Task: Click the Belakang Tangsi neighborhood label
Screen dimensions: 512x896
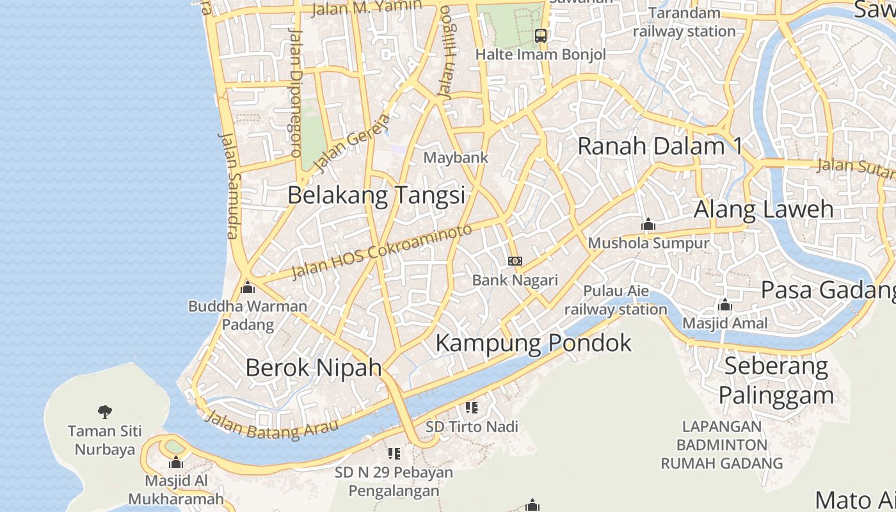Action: pyautogui.click(x=376, y=195)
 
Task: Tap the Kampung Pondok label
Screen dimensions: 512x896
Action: pyautogui.click(x=533, y=343)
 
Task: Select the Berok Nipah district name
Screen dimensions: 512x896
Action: pyautogui.click(x=314, y=367)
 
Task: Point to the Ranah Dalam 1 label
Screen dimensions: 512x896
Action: pyautogui.click(x=660, y=146)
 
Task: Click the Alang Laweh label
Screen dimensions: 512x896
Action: pyautogui.click(x=764, y=209)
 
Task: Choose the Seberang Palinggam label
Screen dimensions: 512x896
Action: pyautogui.click(x=776, y=381)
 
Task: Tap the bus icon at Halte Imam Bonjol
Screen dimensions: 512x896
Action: pyautogui.click(x=541, y=36)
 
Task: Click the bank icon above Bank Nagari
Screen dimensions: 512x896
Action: pyautogui.click(x=515, y=261)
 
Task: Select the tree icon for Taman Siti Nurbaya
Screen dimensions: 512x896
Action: pyautogui.click(x=105, y=412)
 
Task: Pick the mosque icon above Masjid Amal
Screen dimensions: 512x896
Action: pyautogui.click(x=725, y=305)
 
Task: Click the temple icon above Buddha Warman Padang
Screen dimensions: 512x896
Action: pyautogui.click(x=248, y=287)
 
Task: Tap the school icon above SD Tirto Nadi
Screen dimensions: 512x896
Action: pyautogui.click(x=472, y=408)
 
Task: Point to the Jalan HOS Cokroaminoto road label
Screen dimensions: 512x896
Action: pyautogui.click(x=382, y=251)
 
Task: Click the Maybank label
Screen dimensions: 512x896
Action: pyautogui.click(x=456, y=157)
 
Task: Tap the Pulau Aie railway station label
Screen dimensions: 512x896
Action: pyautogui.click(x=616, y=300)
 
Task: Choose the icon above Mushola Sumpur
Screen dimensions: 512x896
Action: pyautogui.click(x=648, y=225)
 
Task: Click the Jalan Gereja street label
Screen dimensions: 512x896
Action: pyautogui.click(x=352, y=143)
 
